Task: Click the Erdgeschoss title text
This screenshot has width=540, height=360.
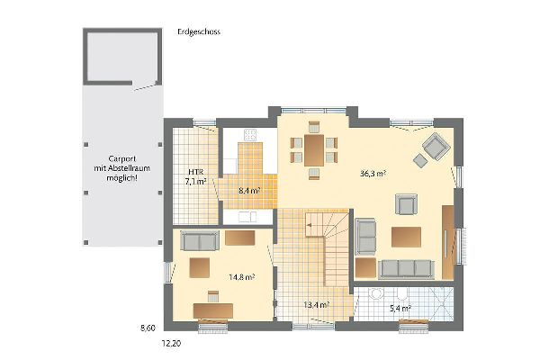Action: coord(199,32)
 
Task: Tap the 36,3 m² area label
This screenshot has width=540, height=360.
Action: coord(373,174)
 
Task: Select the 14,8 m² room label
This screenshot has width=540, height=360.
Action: coord(242,276)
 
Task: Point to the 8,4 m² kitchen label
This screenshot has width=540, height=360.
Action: coord(249,190)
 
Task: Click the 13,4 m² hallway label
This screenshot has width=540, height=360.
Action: coord(317,305)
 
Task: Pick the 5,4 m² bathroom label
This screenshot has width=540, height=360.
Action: coord(400,309)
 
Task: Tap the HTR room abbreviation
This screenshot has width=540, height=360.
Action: coord(195,172)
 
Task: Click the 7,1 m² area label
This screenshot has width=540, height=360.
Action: coord(195,182)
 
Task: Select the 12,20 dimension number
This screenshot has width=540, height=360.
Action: coord(171,344)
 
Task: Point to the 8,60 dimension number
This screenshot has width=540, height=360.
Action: coord(148,328)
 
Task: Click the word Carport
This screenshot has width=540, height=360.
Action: coord(122,158)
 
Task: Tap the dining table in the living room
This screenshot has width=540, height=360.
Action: coord(314,150)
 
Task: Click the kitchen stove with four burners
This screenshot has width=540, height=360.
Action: coord(250,135)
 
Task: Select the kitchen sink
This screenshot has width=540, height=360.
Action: coord(247,217)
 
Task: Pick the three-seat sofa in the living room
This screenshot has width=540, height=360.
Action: coord(407,269)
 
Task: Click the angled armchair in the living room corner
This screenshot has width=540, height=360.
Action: coord(436,146)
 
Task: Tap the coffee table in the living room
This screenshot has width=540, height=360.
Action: coord(407,237)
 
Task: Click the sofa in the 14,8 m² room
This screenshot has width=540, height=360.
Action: coord(200,240)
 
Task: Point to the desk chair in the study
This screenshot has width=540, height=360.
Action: coord(213,296)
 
